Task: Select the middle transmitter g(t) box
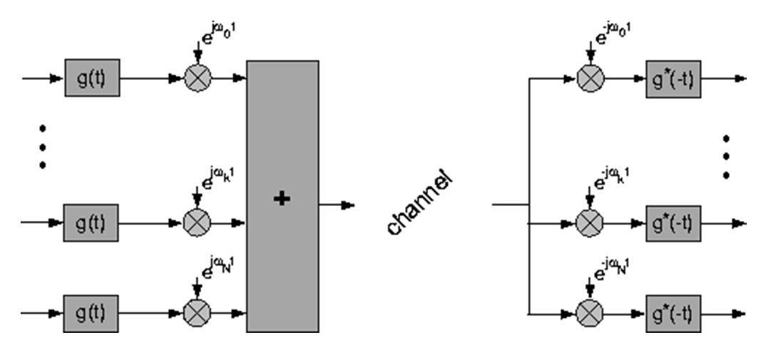92,222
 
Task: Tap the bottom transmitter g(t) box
92,312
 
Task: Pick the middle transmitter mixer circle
198,222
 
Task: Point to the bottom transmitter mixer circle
198,312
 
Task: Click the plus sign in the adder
282,199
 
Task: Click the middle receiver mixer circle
590,222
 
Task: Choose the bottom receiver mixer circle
590,312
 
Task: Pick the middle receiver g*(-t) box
673,222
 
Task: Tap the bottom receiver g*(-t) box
673,312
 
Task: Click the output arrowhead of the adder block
348,205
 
